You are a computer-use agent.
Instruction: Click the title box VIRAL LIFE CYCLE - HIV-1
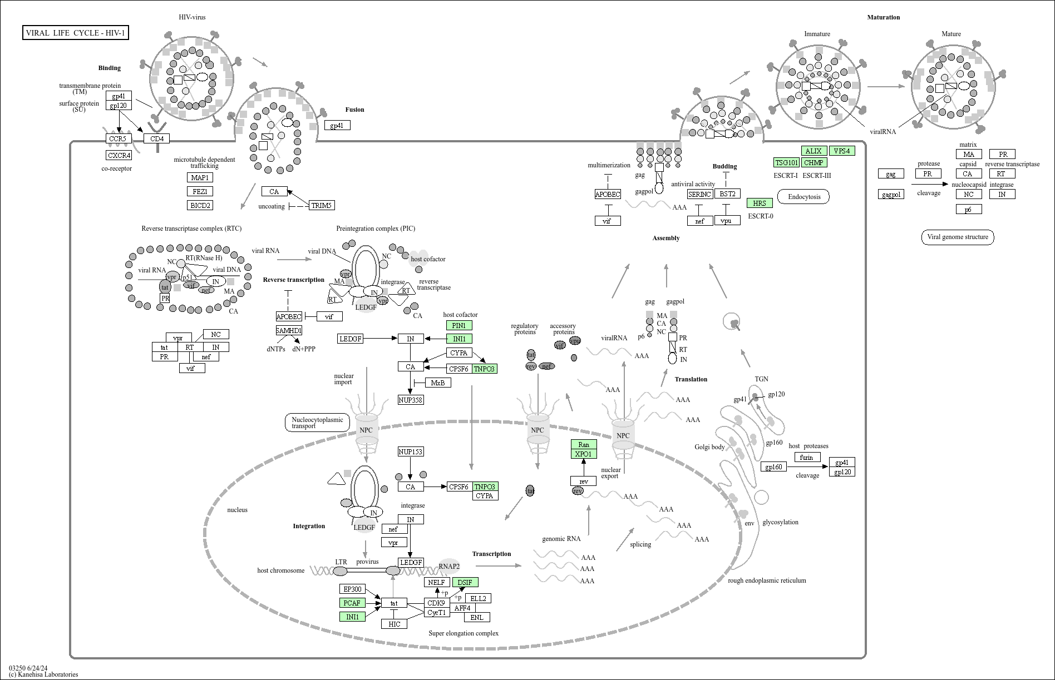tap(76, 33)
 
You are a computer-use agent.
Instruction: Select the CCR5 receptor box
tap(117, 138)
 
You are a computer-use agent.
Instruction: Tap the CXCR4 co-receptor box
tap(119, 155)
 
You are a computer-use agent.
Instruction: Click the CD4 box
tap(157, 138)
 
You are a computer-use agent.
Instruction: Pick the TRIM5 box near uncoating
tap(321, 205)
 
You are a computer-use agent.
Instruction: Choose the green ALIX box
tap(814, 151)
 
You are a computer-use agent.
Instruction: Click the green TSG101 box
tap(786, 162)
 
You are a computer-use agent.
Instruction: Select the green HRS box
tap(760, 203)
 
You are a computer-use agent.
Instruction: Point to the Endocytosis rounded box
tap(804, 197)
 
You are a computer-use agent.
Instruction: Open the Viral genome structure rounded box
tap(958, 237)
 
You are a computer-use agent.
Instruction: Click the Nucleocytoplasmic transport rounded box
tap(318, 423)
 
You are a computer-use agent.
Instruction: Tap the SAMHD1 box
tap(289, 330)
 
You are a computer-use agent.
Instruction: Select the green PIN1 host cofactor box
tap(459, 325)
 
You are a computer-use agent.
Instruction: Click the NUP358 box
tap(411, 399)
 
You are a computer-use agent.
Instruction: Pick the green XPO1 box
tap(584, 454)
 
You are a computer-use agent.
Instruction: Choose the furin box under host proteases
tap(807, 457)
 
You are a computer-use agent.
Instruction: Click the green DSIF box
tap(465, 582)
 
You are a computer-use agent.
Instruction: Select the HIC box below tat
tap(395, 624)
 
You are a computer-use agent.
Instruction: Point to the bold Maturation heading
tap(883, 17)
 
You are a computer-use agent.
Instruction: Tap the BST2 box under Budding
tap(727, 193)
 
